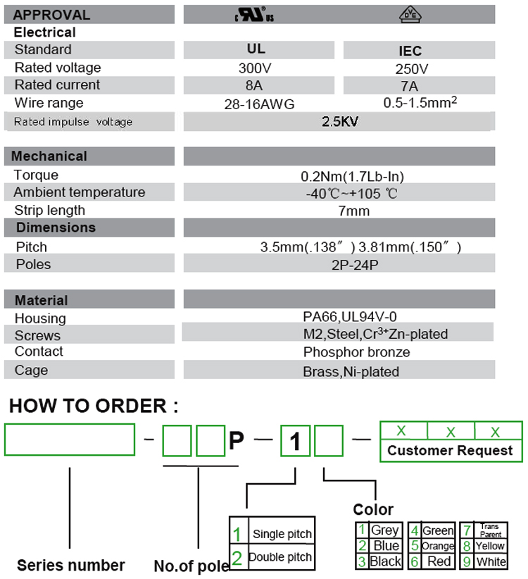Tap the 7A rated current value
click(x=409, y=86)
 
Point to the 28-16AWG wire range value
click(x=258, y=104)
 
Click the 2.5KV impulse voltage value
click(x=340, y=121)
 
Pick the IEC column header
click(x=410, y=51)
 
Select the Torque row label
click(x=36, y=175)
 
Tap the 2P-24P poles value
click(x=353, y=265)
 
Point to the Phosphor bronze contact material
click(x=356, y=352)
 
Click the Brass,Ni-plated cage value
click(x=351, y=371)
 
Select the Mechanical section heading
click(x=49, y=156)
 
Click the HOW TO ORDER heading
click(x=93, y=406)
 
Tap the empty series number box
click(x=70, y=440)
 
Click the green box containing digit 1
click(x=296, y=442)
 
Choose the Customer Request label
click(x=451, y=451)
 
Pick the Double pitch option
click(x=279, y=557)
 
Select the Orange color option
click(x=437, y=546)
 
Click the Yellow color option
click(x=490, y=546)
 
